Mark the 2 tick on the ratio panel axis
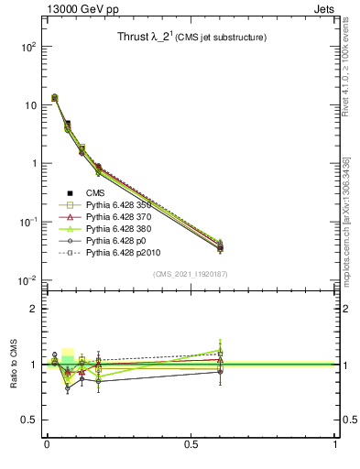pyautogui.click(x=30, y=309)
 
